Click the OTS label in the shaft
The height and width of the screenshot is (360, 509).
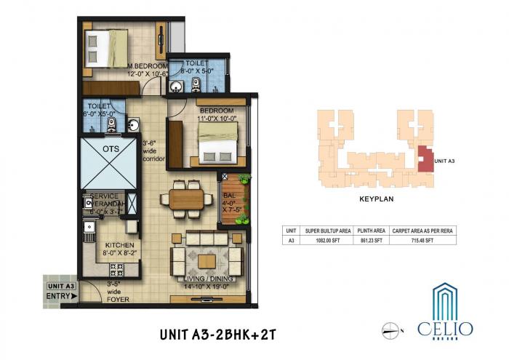(x=111, y=149)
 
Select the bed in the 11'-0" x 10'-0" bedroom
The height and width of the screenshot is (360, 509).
(x=219, y=142)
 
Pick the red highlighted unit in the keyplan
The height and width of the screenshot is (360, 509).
(x=423, y=158)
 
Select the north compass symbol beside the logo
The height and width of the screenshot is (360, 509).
(x=392, y=329)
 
